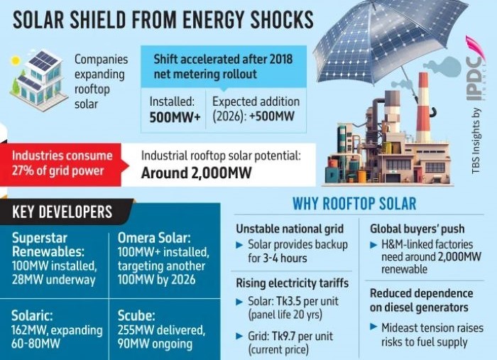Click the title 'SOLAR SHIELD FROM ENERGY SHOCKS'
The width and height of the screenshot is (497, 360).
click(163, 19)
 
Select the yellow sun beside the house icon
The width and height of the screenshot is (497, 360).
click(16, 61)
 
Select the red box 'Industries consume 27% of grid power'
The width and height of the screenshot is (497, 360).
click(62, 163)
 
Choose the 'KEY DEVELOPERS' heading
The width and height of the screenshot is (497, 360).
click(62, 212)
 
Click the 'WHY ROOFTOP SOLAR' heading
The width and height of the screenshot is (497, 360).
click(354, 204)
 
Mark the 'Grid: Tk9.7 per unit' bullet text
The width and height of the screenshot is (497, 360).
click(290, 336)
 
